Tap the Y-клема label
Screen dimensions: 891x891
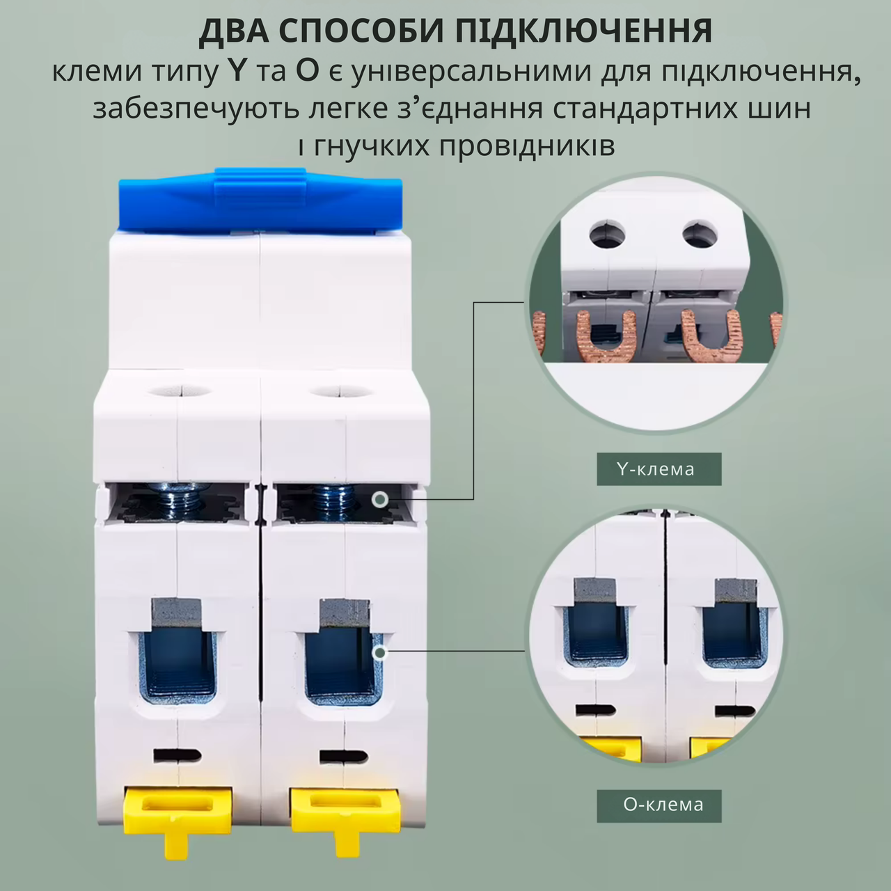659,469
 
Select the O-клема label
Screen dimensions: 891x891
659,805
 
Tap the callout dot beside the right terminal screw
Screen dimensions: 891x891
379,499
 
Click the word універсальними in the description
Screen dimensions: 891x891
487,72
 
